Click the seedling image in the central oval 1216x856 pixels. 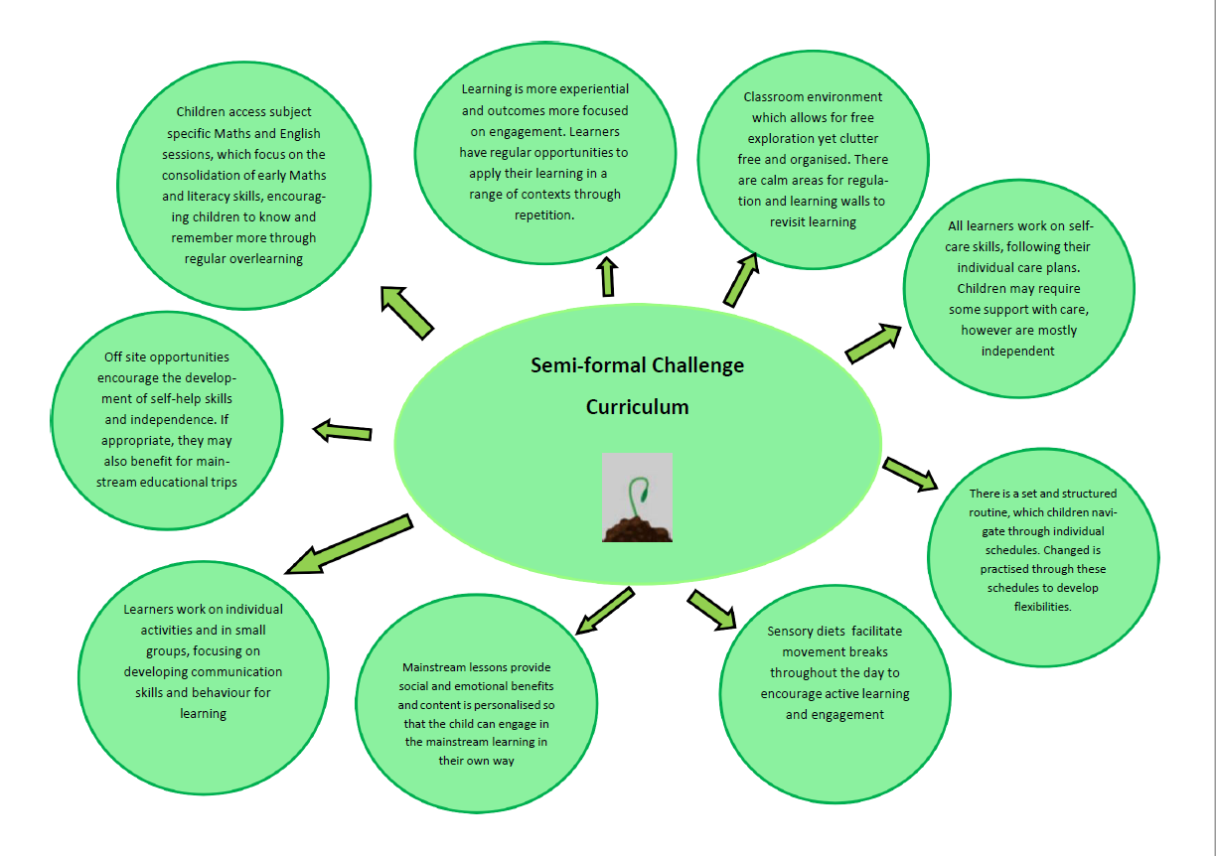(637, 498)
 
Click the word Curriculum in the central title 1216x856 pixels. (637, 407)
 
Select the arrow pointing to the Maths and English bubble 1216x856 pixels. (407, 312)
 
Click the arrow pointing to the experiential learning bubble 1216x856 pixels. (607, 277)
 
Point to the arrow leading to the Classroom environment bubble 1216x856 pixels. (741, 279)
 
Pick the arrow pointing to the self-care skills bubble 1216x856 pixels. (872, 342)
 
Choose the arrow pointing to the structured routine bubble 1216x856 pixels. (910, 474)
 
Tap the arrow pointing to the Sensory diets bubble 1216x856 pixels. (712, 609)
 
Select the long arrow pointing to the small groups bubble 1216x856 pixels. (348, 544)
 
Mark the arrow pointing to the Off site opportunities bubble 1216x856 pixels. (342, 431)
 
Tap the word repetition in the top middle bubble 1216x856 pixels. (545, 214)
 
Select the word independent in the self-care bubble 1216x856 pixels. (1017, 351)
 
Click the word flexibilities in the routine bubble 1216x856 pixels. (1042, 607)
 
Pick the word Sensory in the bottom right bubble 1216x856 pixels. (791, 632)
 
